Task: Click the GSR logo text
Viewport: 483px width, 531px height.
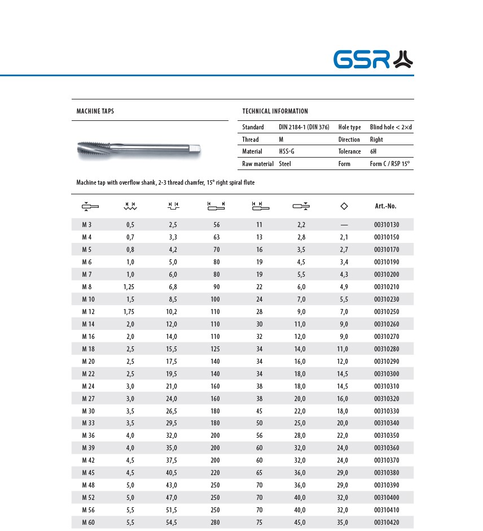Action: pyautogui.click(x=361, y=59)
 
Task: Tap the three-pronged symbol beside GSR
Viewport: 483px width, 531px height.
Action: pyautogui.click(x=403, y=59)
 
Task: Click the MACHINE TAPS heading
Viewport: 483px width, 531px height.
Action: pyautogui.click(x=95, y=111)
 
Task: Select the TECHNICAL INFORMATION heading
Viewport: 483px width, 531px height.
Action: pyautogui.click(x=275, y=111)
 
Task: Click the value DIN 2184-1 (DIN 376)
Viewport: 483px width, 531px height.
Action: pyautogui.click(x=304, y=127)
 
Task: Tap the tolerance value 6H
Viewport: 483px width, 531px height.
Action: pyautogui.click(x=374, y=151)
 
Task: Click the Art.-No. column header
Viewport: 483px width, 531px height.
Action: pyautogui.click(x=386, y=206)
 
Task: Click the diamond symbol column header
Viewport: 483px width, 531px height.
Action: pyautogui.click(x=344, y=206)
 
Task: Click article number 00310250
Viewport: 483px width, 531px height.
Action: pyautogui.click(x=386, y=312)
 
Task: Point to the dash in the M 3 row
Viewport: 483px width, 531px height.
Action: pyautogui.click(x=344, y=225)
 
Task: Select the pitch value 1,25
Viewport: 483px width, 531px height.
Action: pyautogui.click(x=129, y=287)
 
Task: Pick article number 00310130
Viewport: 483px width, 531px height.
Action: pyautogui.click(x=386, y=225)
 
